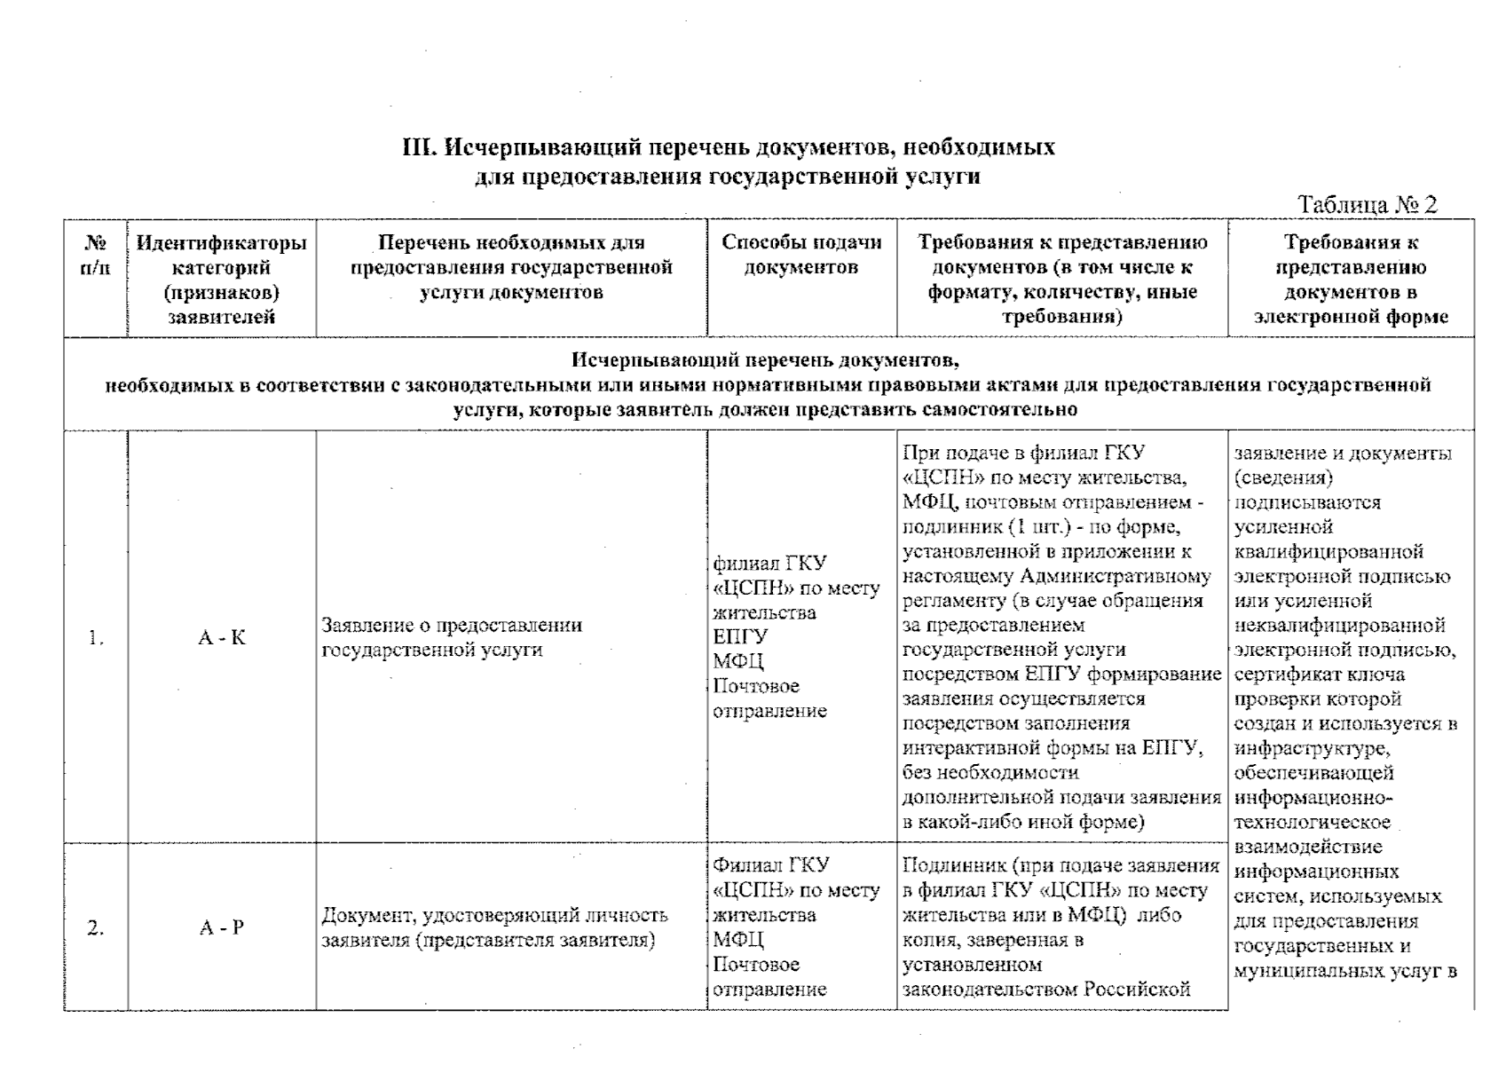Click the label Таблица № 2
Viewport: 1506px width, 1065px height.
[x=1367, y=205]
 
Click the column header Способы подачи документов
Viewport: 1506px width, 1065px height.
[x=800, y=255]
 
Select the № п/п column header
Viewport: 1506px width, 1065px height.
[x=95, y=255]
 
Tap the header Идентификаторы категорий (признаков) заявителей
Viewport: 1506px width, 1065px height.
[x=221, y=280]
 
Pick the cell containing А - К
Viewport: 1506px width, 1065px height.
[x=221, y=637]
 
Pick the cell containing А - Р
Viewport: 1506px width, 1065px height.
[x=221, y=927]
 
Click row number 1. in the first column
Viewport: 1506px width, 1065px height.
[x=96, y=637]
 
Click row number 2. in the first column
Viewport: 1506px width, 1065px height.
[x=96, y=927]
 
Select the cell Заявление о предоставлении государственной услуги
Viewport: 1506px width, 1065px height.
[x=452, y=637]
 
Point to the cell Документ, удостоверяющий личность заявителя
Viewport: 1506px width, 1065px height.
[x=493, y=927]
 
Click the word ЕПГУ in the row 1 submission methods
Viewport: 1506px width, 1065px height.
[x=741, y=637]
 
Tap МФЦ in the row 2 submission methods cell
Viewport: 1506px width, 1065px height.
[x=738, y=940]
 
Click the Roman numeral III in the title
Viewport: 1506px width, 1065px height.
[x=418, y=147]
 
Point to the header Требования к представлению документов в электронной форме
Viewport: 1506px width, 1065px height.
[x=1350, y=280]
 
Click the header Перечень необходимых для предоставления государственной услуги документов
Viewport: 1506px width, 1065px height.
[x=511, y=267]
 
